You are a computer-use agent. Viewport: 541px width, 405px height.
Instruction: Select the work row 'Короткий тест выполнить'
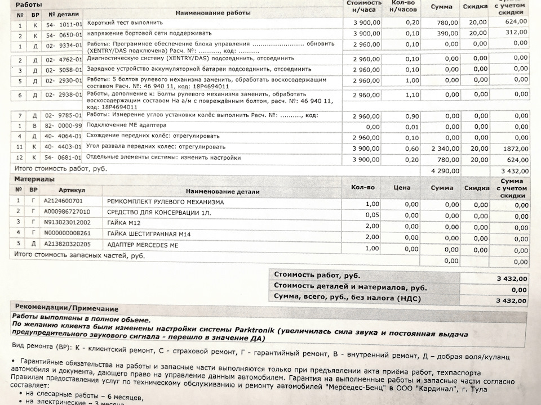(125, 23)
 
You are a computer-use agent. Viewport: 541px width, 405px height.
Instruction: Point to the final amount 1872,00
(515, 147)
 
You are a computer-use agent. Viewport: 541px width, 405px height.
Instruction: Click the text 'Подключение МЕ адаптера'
(126, 125)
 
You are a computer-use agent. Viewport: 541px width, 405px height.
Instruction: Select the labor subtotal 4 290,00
(445, 170)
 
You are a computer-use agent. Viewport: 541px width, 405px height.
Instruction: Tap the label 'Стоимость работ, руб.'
(317, 276)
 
